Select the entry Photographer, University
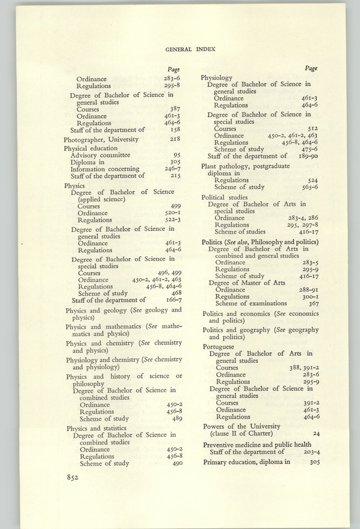101,139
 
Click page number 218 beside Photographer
174,139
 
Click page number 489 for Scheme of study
175,418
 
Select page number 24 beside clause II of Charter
316,433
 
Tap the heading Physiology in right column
217,78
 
